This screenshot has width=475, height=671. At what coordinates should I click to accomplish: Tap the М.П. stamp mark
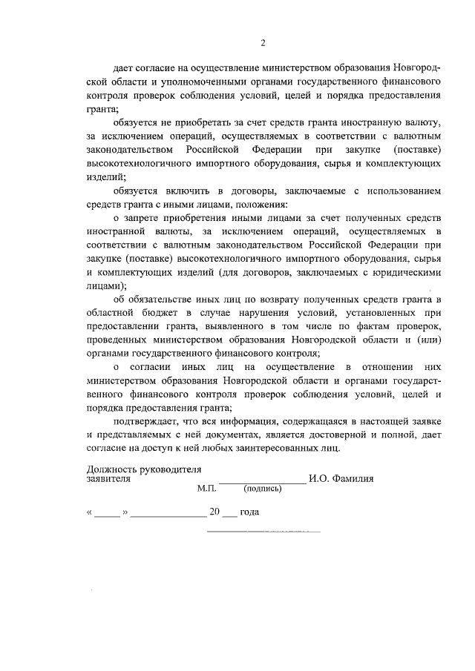(x=206, y=489)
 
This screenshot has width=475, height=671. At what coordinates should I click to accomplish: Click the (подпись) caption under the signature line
(x=262, y=489)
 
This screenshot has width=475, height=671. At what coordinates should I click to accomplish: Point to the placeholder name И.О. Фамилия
(x=342, y=479)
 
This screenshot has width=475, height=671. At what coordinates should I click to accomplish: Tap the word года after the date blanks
(x=249, y=512)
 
